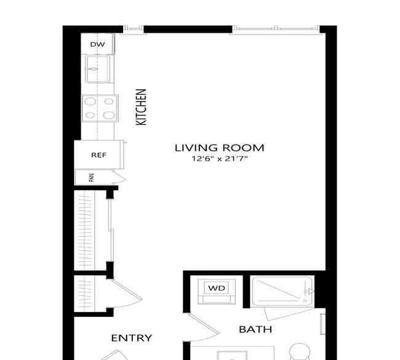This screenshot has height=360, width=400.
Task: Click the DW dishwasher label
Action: (97, 44)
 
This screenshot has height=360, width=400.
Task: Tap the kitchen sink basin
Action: (98, 69)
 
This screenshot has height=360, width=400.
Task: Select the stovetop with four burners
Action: (100, 108)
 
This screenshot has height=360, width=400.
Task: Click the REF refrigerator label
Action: (98, 155)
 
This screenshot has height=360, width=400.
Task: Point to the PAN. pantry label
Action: (91, 177)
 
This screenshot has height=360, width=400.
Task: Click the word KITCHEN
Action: (141, 107)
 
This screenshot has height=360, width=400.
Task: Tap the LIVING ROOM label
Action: (220, 148)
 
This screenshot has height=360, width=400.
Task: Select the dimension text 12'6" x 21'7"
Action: (220, 159)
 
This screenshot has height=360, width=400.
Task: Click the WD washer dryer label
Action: (217, 288)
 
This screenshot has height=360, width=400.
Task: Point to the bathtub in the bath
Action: (282, 291)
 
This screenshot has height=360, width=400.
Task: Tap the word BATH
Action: (255, 329)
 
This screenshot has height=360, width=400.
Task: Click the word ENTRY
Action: (132, 338)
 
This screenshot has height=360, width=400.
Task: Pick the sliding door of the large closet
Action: (111, 231)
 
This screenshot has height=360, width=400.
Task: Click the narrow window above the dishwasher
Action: (133, 28)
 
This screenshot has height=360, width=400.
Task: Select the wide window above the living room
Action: (276, 29)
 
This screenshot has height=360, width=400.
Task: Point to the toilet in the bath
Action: (300, 351)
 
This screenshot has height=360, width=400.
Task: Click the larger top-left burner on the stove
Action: (90, 102)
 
